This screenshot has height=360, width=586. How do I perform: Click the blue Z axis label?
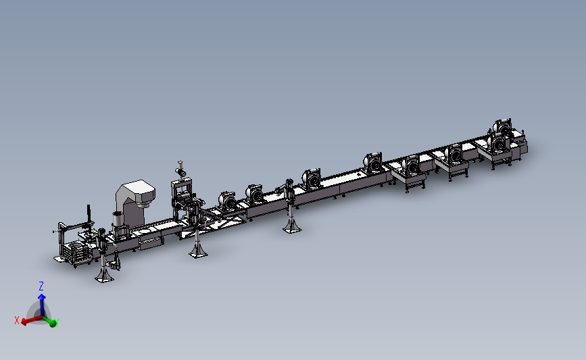tap(41, 286)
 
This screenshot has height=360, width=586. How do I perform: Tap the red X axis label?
tap(16, 320)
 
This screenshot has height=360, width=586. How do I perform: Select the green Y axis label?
tap(57, 322)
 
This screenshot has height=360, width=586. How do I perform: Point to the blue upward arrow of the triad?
tap(42, 305)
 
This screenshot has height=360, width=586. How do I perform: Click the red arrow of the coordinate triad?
tap(32, 320)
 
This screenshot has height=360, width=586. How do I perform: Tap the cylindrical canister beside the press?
tap(118, 220)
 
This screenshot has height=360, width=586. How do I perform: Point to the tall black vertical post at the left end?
tap(89, 215)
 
